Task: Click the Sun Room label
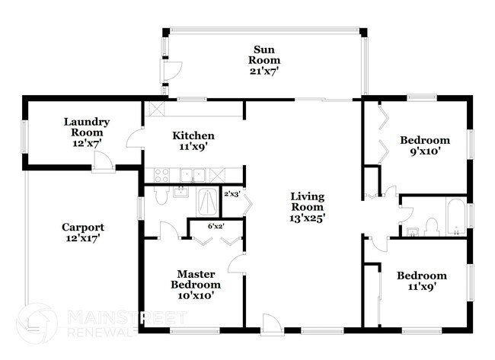(x=264, y=55)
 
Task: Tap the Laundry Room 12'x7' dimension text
(x=87, y=143)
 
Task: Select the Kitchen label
(x=193, y=135)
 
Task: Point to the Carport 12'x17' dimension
(x=83, y=238)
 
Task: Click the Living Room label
(x=307, y=202)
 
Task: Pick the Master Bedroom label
(x=196, y=279)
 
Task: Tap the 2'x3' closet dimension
(x=232, y=194)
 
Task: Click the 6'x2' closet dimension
(x=216, y=226)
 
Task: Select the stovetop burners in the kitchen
(x=161, y=175)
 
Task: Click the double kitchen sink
(x=193, y=175)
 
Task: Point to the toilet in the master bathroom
(x=161, y=196)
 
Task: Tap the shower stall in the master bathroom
(x=207, y=202)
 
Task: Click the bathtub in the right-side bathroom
(x=455, y=216)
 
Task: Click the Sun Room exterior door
(x=171, y=71)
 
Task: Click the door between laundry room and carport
(x=104, y=162)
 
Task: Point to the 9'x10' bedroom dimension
(x=425, y=151)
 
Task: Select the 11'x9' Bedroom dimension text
(x=421, y=287)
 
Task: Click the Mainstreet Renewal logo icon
(x=37, y=323)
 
